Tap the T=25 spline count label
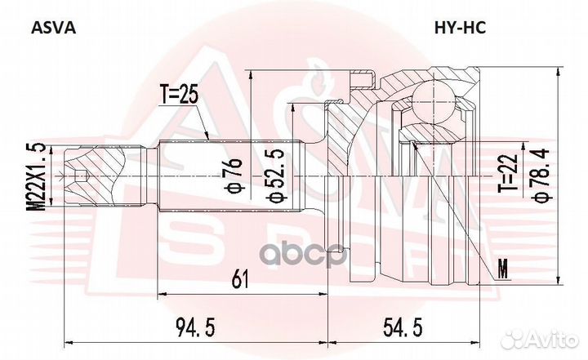tap(180, 96)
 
